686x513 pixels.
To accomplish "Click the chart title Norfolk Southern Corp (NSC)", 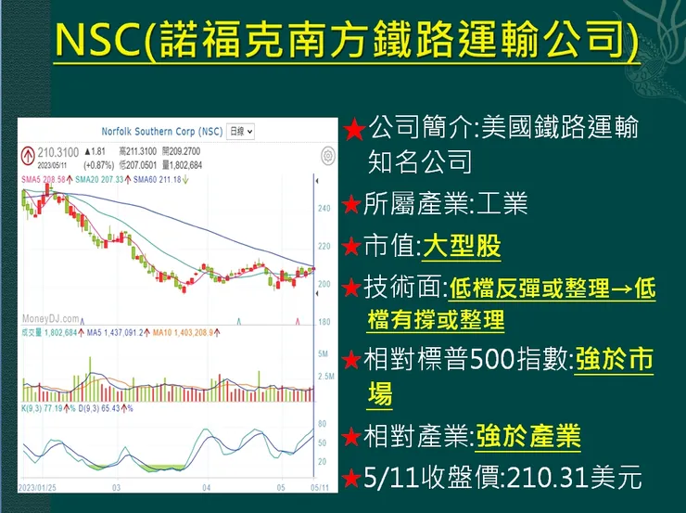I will coord(162,132).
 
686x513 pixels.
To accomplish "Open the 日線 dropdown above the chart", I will coord(241,132).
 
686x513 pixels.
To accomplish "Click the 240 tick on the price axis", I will coord(324,209).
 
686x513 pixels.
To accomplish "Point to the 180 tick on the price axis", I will coord(324,322).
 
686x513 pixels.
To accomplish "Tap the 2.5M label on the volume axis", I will coord(324,376).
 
